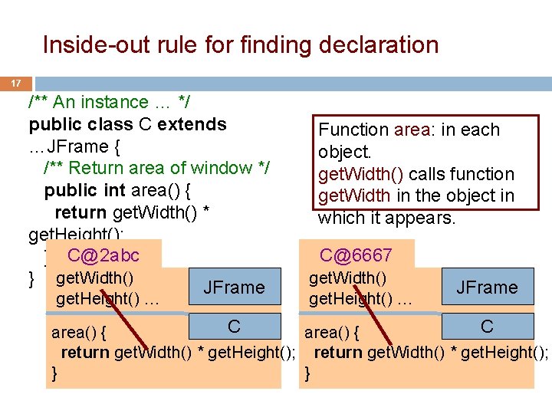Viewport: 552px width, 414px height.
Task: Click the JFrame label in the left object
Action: [x=234, y=287]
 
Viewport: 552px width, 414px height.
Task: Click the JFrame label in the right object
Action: [x=487, y=287]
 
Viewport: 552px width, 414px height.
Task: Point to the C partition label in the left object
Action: [x=235, y=327]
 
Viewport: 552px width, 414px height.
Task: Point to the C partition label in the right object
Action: [x=487, y=327]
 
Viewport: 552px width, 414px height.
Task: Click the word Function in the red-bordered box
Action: [x=353, y=130]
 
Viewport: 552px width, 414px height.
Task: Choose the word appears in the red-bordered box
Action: [x=423, y=218]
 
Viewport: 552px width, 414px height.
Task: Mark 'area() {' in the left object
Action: [x=79, y=333]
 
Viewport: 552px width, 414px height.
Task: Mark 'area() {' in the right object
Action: [x=332, y=333]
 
